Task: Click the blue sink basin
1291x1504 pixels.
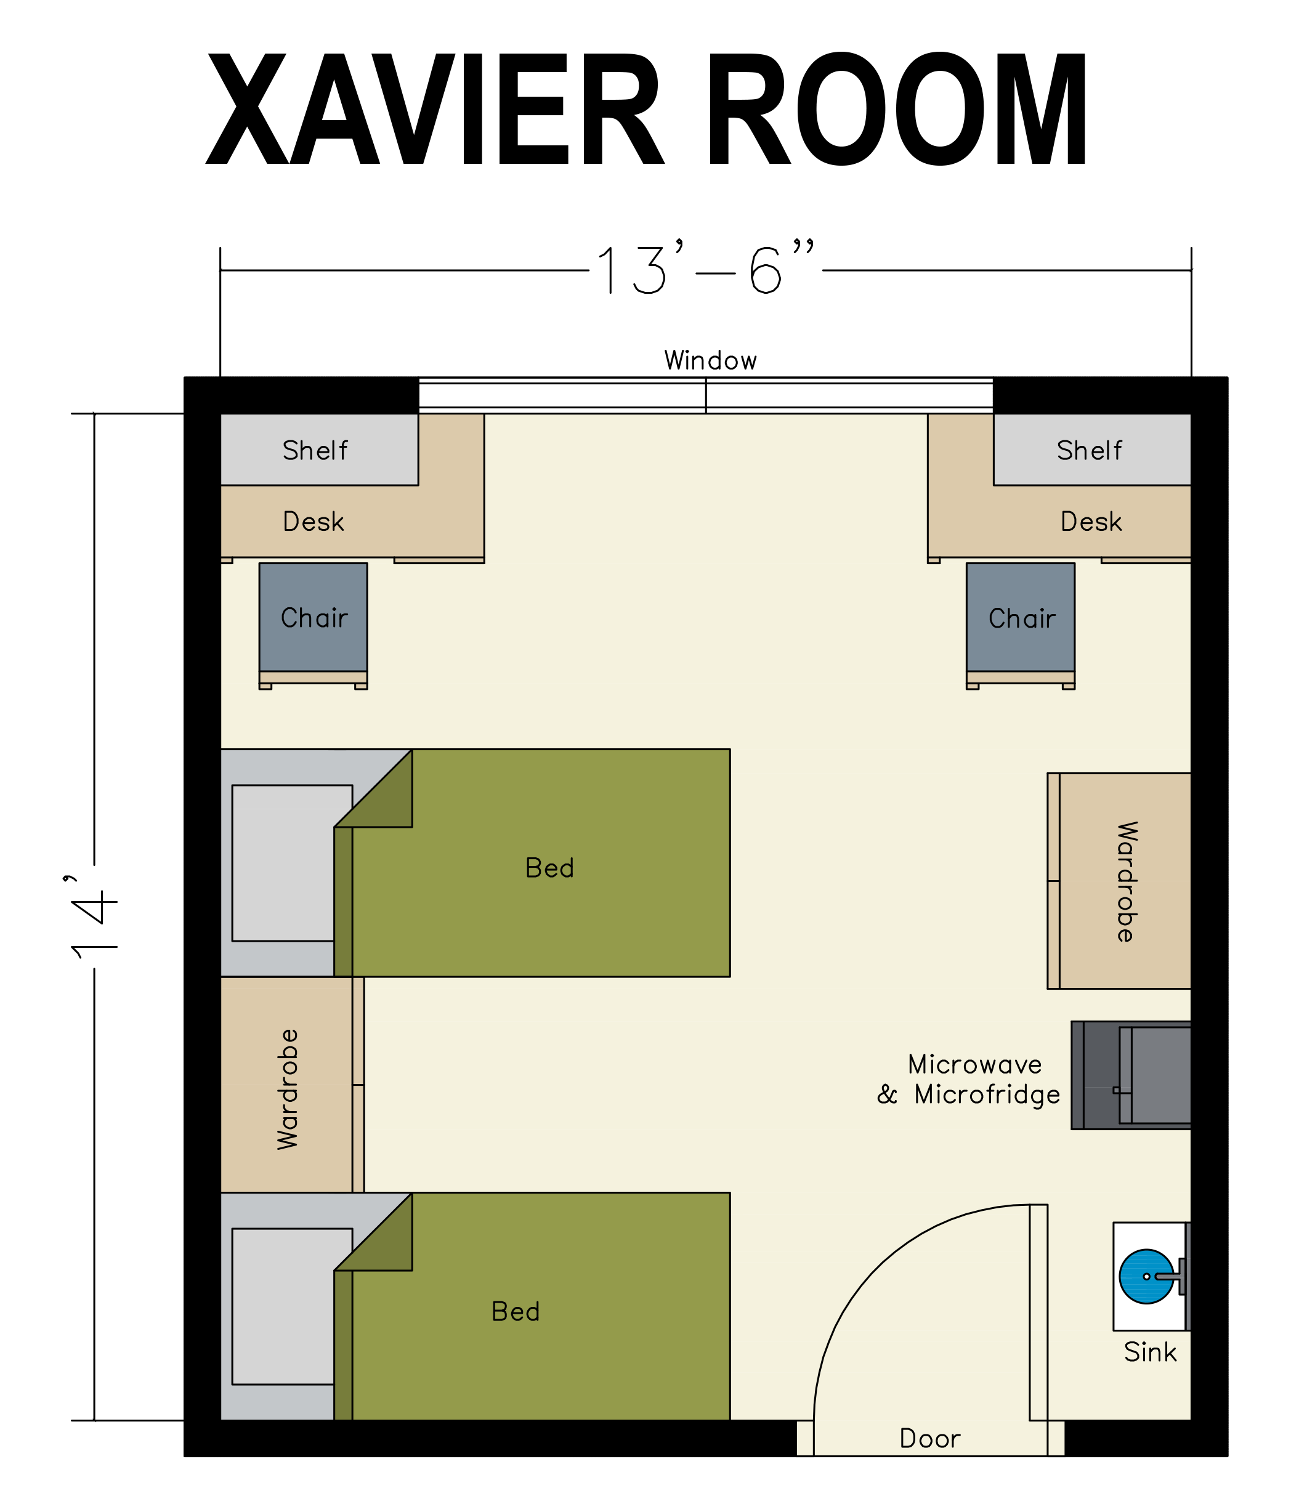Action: [1146, 1276]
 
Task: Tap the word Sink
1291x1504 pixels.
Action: [1150, 1352]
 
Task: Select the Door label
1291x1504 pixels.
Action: [929, 1439]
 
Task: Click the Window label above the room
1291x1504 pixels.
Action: [710, 360]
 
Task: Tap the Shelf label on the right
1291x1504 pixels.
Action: [1089, 450]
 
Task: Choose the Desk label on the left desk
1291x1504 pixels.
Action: [313, 521]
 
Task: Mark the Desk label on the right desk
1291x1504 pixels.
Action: [1091, 521]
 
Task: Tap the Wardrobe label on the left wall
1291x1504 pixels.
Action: [288, 1089]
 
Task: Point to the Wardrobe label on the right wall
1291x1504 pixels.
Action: [1125, 882]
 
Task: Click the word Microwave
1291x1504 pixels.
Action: [974, 1064]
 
